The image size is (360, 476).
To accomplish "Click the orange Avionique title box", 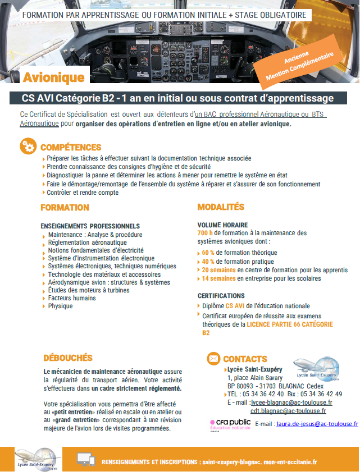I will tap(53, 77).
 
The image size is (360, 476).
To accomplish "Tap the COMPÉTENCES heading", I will tap(71, 148).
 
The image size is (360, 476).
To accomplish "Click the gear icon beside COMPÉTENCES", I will tap(28, 147).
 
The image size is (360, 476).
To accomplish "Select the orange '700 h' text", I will tap(205, 233).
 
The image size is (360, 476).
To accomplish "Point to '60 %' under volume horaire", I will tap(208, 252).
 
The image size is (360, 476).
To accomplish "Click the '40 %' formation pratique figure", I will tap(208, 261).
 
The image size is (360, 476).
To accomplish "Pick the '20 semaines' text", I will tap(218, 270).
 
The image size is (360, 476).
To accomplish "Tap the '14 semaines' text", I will tap(218, 278).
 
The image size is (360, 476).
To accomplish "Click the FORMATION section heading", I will tap(65, 208).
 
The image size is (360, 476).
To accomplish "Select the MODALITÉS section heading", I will tap(221, 207).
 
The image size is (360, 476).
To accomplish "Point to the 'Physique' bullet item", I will tap(60, 306).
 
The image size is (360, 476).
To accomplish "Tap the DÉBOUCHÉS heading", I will tap(67, 358).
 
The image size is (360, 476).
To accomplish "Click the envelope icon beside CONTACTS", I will tap(213, 358).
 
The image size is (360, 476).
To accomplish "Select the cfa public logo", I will tap(230, 424).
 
